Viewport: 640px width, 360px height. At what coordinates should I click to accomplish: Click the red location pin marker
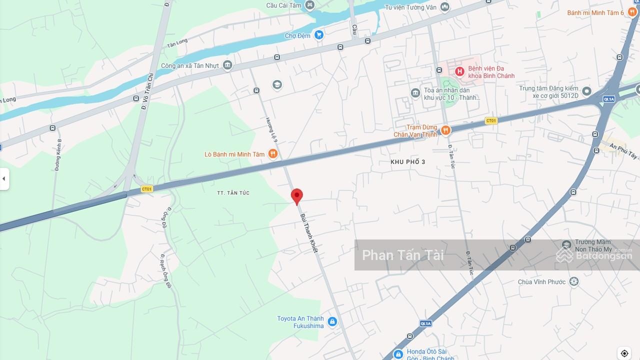tap(297, 196)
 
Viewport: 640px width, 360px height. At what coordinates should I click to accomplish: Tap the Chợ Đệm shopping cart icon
tap(319, 35)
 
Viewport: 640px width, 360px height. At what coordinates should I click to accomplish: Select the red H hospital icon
tap(459, 71)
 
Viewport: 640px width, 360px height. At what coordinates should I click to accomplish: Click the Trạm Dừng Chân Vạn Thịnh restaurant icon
tap(445, 130)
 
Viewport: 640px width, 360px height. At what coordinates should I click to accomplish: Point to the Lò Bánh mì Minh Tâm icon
tap(272, 154)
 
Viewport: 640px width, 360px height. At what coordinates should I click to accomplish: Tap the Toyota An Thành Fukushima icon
tap(332, 322)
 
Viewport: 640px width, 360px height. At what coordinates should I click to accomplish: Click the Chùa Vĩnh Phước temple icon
tap(574, 282)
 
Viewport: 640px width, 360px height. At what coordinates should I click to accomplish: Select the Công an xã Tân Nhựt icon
tap(227, 65)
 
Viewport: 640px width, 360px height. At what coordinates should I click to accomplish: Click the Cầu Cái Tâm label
tap(283, 5)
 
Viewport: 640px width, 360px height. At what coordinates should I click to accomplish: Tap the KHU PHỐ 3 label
tap(408, 162)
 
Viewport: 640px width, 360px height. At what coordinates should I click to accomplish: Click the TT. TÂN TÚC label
tap(233, 193)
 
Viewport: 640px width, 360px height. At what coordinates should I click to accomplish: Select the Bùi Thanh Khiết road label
tap(309, 233)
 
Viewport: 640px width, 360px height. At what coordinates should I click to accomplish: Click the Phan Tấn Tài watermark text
tap(402, 255)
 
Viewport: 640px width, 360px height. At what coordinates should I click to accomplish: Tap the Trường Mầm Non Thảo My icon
tap(566, 245)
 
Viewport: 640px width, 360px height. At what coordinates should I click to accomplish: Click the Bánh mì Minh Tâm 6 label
tap(595, 12)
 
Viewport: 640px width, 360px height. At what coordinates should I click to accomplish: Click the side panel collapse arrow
tap(4, 179)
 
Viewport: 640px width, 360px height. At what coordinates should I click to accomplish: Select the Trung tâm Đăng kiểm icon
tap(587, 91)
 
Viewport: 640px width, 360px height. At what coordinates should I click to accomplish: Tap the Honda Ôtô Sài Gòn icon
tap(398, 354)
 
